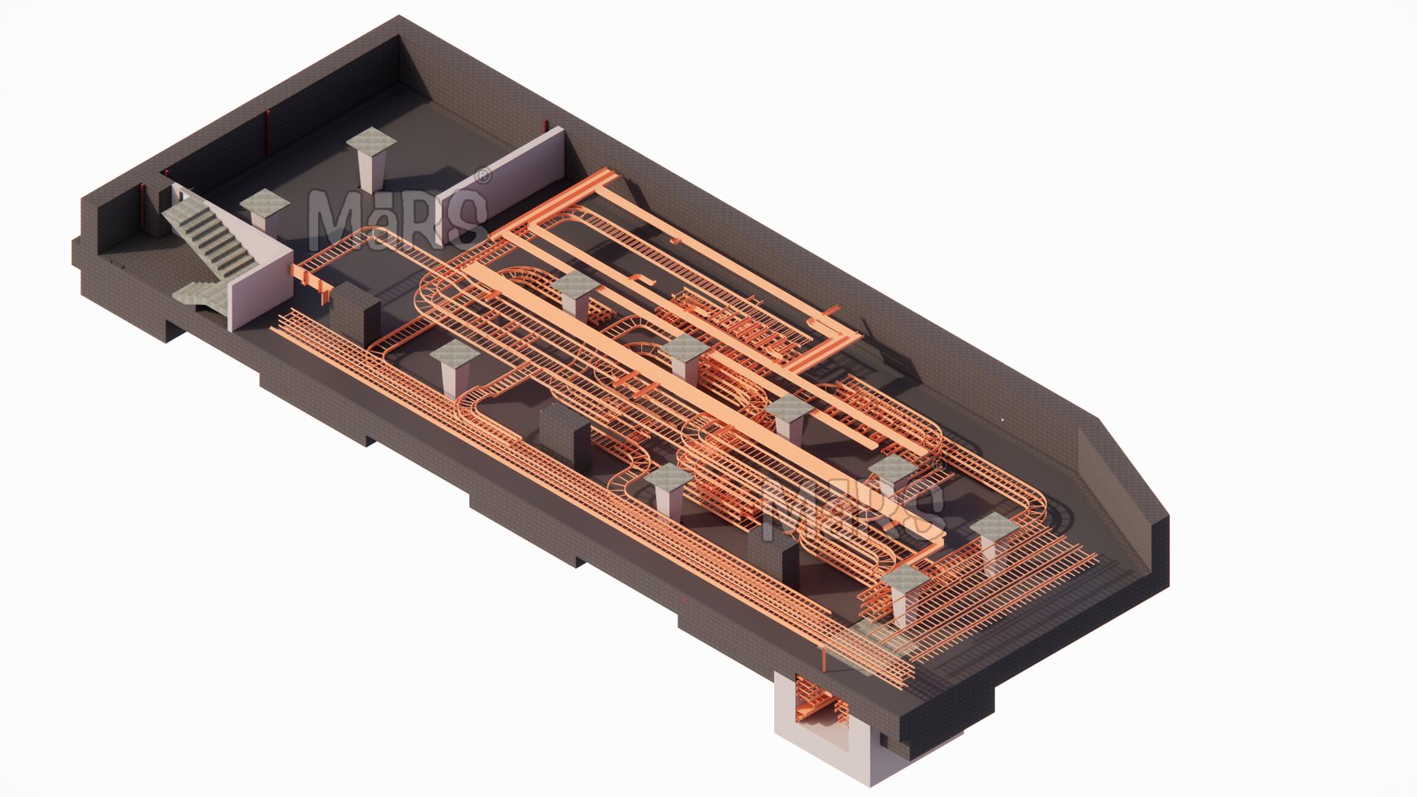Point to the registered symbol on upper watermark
482,174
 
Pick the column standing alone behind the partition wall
371,159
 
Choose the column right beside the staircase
265,209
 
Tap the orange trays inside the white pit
818,702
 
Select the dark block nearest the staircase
355,313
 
